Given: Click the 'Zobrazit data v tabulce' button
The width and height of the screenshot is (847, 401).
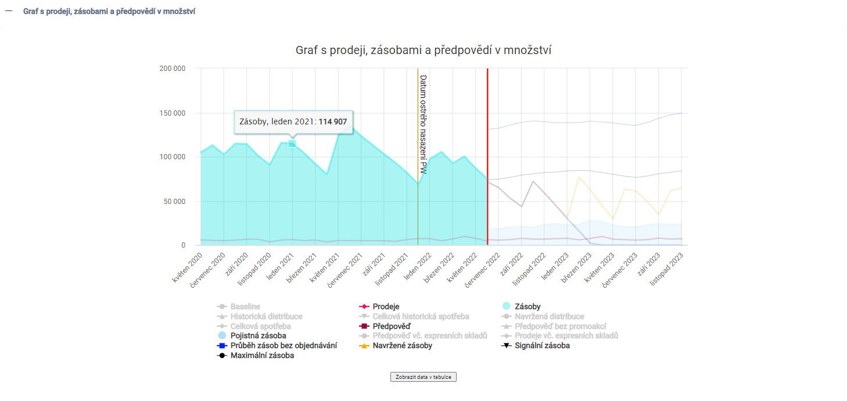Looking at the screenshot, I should [423, 377].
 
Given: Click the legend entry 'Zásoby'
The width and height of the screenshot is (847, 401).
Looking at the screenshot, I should [527, 306].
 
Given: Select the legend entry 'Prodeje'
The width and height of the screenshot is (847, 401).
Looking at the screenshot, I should [386, 306].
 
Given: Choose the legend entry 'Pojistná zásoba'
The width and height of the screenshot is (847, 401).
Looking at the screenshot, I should [258, 335].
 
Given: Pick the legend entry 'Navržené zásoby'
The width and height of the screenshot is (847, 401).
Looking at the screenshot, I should [403, 345].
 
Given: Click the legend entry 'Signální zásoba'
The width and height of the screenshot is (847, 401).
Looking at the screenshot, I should [542, 345].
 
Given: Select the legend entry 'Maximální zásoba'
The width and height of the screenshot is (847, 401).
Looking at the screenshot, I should [262, 355].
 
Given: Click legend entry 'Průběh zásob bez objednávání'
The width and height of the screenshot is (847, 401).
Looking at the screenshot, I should [283, 345].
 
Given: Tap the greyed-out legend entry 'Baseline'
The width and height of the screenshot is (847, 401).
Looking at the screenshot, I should [245, 306].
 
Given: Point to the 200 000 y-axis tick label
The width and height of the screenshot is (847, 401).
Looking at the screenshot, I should [172, 69].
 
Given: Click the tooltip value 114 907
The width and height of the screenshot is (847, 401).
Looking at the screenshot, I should [335, 121].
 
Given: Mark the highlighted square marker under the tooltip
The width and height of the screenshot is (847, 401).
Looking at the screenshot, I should [292, 144].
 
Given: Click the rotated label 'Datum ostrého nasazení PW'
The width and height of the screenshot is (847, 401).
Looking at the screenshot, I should [423, 124].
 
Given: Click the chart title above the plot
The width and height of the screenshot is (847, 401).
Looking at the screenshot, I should [423, 51].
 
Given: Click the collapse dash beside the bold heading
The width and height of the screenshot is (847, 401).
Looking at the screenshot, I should [9, 11].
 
